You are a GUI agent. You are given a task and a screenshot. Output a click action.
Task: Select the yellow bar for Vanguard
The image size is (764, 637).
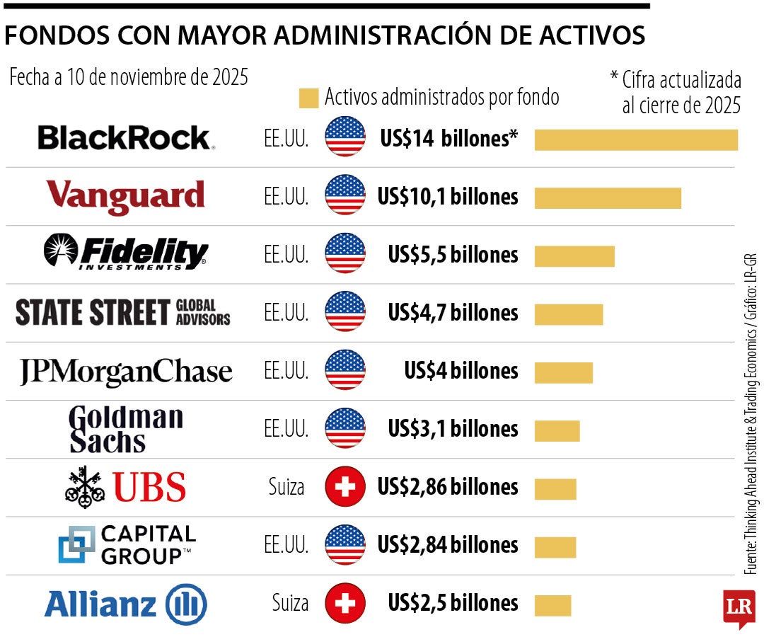[x=607, y=197]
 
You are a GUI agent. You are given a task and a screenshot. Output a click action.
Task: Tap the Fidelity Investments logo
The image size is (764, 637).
[x=126, y=253]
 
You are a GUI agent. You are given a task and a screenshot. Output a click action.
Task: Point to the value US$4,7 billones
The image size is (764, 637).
[x=453, y=313]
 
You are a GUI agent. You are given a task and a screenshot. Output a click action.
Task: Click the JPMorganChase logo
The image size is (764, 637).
[x=126, y=372]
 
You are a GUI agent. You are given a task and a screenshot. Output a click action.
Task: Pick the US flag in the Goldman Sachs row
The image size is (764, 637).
[x=345, y=429]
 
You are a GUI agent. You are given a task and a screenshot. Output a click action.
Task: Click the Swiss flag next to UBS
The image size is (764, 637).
[x=345, y=487]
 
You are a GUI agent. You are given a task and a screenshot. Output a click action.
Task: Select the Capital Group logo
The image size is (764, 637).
[x=126, y=544]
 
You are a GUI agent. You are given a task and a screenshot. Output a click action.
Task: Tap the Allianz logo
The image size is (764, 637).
[x=126, y=605]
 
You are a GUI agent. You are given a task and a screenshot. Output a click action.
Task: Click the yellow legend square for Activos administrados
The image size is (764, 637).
[x=308, y=98]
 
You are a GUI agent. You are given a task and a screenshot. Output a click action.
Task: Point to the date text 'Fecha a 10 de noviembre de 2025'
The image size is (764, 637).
[x=129, y=77]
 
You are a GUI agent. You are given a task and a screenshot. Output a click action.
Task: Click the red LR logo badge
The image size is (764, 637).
[x=739, y=607]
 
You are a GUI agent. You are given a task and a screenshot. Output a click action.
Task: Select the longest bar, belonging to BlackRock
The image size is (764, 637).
[x=635, y=139]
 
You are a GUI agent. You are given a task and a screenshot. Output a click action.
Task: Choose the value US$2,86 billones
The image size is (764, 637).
[x=448, y=487]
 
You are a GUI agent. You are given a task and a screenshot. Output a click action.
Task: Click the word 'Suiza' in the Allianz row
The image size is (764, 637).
[x=290, y=603]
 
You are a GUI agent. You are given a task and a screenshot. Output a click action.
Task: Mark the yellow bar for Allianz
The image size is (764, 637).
[x=552, y=605]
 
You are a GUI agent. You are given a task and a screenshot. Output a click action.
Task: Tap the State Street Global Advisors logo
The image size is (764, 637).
[x=123, y=312]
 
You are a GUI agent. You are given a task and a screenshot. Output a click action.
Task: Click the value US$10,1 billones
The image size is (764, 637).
[x=448, y=197]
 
